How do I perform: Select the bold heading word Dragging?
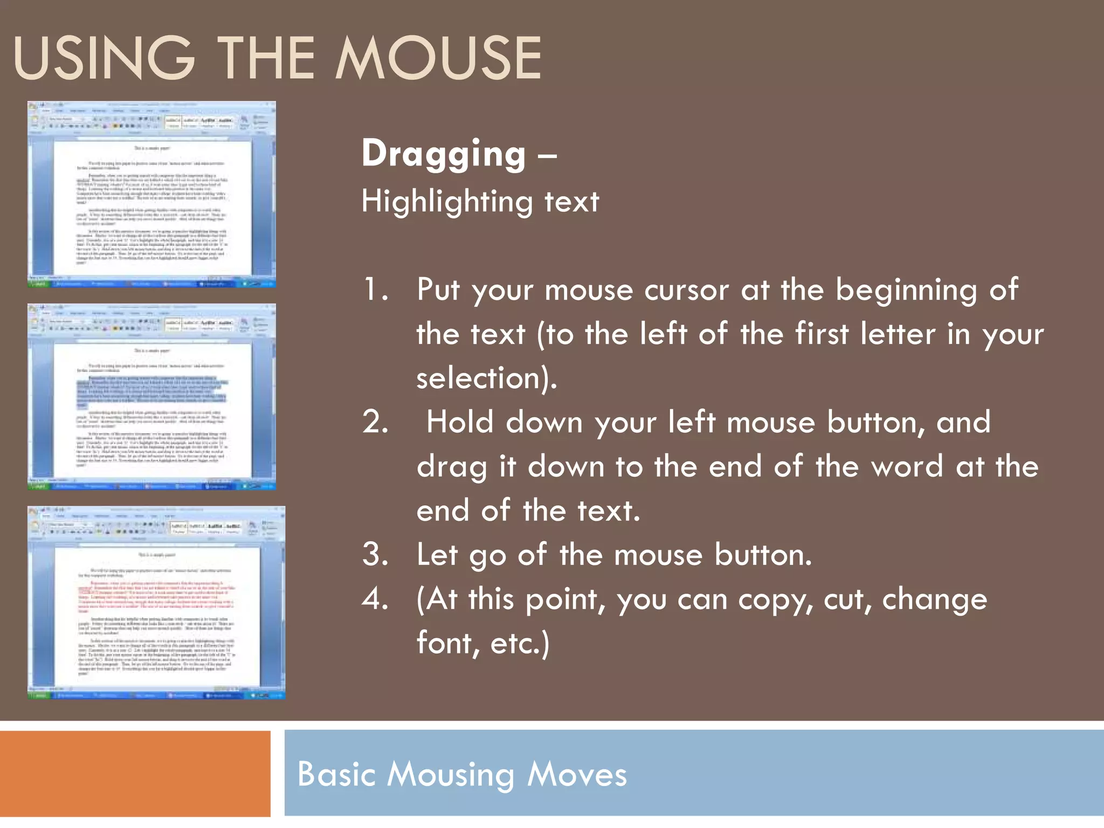point(443,155)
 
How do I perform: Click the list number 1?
point(376,290)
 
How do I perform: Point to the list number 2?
point(376,422)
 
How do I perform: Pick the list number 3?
point(376,555)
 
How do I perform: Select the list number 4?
point(376,599)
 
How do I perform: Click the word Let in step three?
point(436,555)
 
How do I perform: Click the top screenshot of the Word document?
point(151,194)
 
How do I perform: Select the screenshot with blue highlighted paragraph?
point(151,396)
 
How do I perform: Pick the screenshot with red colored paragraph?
point(156,602)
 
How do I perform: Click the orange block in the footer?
point(135,774)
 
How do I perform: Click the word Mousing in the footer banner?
point(451,775)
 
